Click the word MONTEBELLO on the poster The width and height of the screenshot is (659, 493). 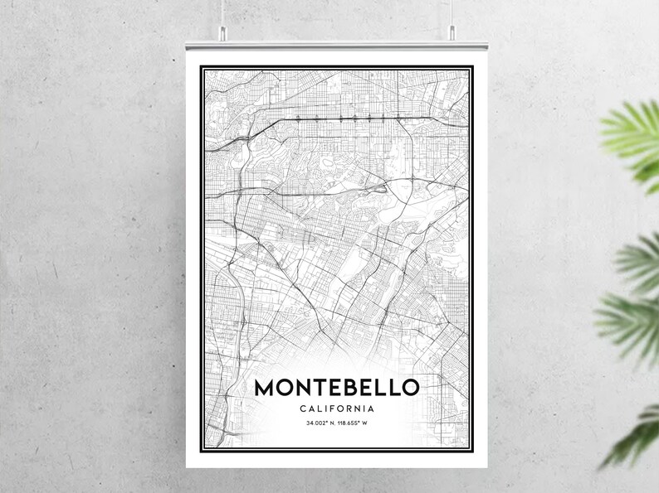pos(337,387)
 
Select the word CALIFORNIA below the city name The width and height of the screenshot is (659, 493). pos(337,408)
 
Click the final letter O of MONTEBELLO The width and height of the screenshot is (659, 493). pos(410,387)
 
